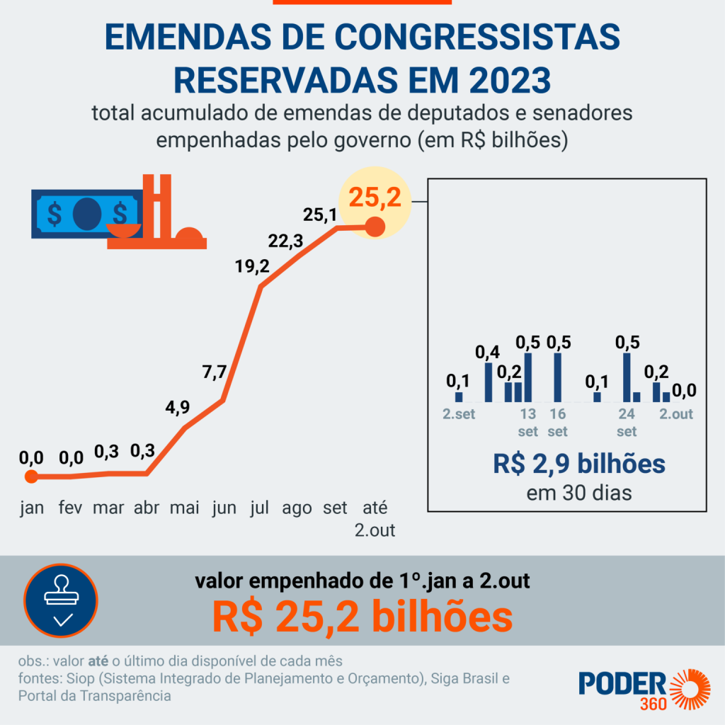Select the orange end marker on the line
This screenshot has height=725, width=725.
point(375,227)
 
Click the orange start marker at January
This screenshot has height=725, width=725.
point(31,476)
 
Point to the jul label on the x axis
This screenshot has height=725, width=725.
point(260,508)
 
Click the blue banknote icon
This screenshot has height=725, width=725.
point(86,213)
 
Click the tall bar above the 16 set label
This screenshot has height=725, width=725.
point(557,377)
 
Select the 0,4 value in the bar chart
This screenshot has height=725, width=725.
point(486,351)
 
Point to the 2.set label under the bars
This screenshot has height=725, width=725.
point(459,414)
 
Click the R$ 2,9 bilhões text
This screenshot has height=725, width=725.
point(579,464)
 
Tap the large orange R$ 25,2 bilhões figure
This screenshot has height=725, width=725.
point(362,617)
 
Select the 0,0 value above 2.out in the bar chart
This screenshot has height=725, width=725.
point(684,390)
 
